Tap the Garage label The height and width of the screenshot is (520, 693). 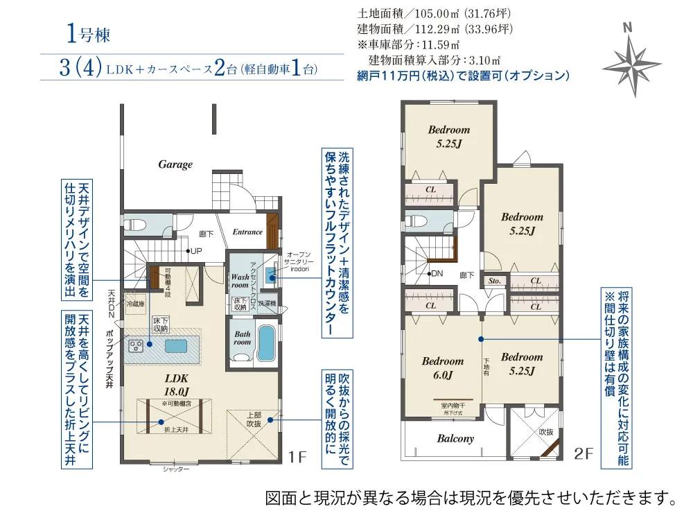click(175, 164)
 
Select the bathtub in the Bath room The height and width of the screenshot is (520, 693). click(266, 342)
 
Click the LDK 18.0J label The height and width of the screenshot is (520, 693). click(177, 384)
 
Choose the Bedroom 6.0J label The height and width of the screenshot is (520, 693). click(442, 367)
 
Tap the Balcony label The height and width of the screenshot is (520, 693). click(455, 438)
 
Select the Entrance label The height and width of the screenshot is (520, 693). click(247, 232)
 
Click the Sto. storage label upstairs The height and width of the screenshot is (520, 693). click(495, 281)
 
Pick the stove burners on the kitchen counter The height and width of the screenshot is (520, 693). click(135, 344)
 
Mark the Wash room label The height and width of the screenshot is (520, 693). click(240, 280)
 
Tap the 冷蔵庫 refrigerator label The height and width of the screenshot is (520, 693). click(136, 303)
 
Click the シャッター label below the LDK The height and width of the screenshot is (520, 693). click(176, 469)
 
